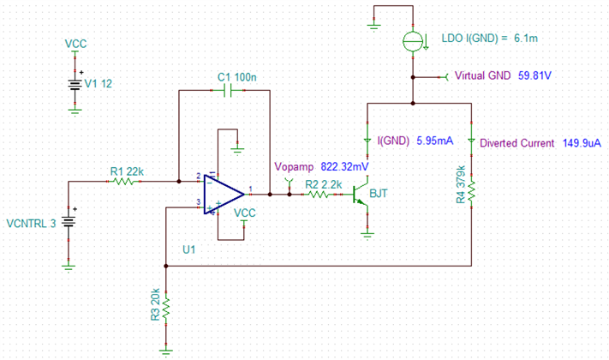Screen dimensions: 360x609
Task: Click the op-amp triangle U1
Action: tap(222, 195)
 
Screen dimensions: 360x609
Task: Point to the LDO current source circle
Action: tap(415, 41)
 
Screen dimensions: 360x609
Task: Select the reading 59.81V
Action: tap(534, 75)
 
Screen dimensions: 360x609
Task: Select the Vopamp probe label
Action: tap(294, 166)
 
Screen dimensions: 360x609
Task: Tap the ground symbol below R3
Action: tap(166, 347)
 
